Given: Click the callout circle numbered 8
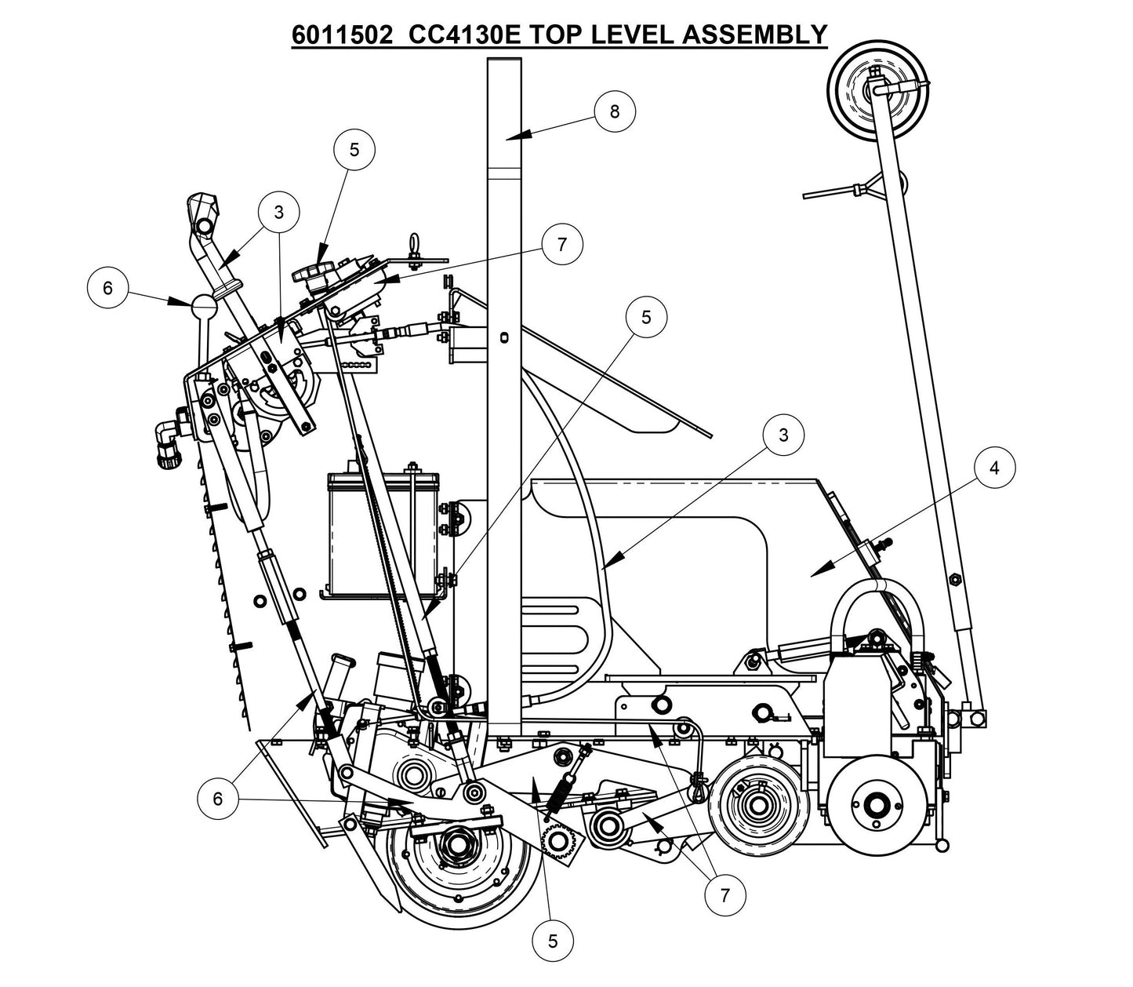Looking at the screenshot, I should [614, 111].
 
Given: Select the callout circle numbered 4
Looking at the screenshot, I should [994, 468].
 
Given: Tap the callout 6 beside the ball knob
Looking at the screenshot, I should [107, 288].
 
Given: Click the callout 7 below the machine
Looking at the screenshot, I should [724, 895].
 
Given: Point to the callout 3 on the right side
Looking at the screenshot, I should [783, 435].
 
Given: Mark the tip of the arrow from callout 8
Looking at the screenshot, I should [507, 138].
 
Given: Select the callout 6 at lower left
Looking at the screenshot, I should [218, 799].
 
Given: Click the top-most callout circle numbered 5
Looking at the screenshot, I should [354, 149].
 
